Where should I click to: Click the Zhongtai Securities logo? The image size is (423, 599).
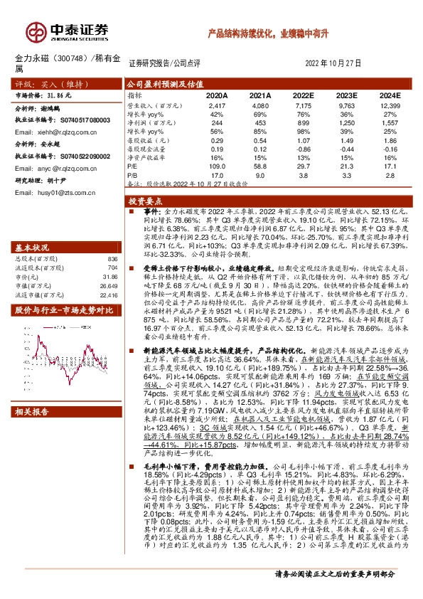point(68,30)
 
